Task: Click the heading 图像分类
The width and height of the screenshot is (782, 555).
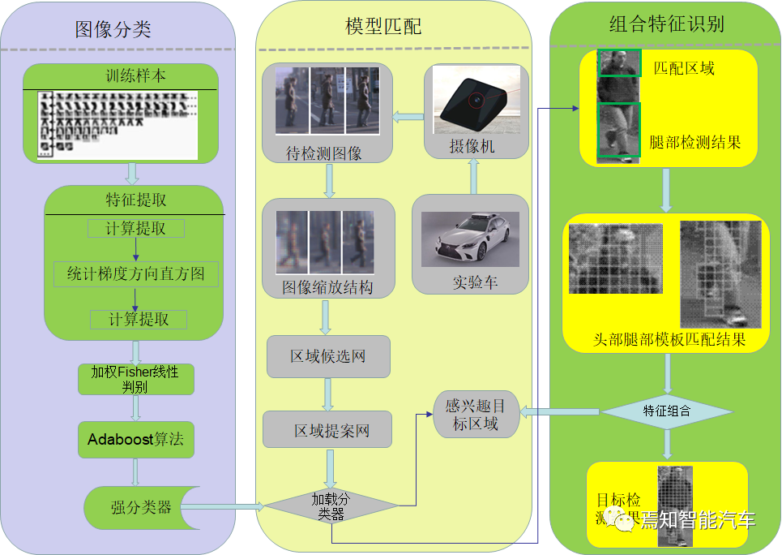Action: click(x=113, y=30)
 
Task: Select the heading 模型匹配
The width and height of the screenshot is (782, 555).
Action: click(x=383, y=26)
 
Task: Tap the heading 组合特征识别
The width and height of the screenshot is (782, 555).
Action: click(x=666, y=24)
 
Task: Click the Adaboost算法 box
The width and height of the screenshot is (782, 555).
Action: click(x=135, y=440)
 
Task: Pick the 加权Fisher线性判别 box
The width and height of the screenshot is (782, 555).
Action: click(x=135, y=379)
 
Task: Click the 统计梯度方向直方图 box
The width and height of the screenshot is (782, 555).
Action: click(x=135, y=274)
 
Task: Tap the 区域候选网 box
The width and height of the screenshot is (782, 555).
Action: click(x=328, y=356)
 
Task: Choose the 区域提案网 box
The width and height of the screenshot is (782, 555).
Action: click(x=327, y=430)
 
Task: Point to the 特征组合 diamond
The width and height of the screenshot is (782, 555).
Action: click(x=667, y=411)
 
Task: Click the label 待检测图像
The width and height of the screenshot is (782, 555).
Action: click(x=324, y=154)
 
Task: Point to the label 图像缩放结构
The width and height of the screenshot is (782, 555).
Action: click(x=327, y=287)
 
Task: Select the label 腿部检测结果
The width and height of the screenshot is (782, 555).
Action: click(x=695, y=143)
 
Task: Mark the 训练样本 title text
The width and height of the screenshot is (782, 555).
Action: click(x=136, y=76)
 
